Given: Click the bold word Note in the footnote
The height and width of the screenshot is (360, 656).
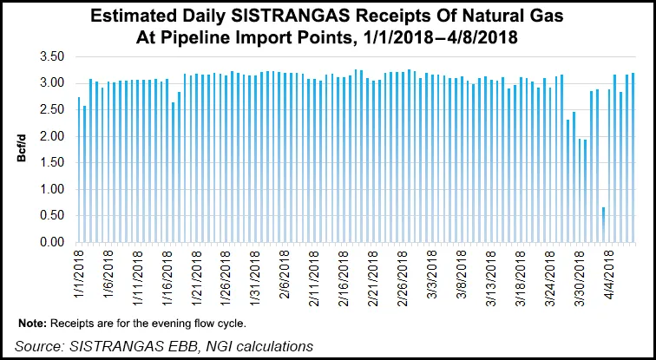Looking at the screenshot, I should click(x=33, y=323).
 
